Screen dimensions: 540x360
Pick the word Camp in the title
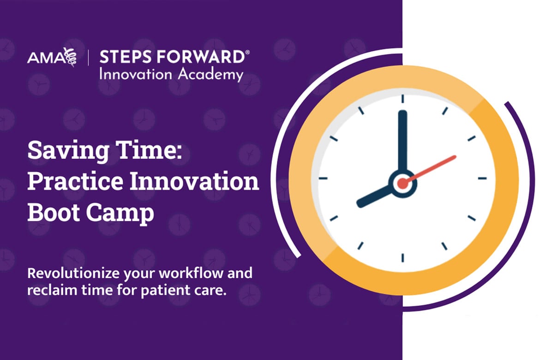tap(120, 213)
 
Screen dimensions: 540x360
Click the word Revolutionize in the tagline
tap(73, 273)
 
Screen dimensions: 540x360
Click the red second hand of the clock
tap(431, 169)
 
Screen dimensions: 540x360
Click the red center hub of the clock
tap(402, 183)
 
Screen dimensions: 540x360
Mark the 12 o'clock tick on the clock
tap(402, 99)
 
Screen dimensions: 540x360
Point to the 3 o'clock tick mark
tap(482, 179)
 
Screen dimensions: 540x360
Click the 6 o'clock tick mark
tap(402, 258)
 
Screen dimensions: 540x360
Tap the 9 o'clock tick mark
tap(323, 179)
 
